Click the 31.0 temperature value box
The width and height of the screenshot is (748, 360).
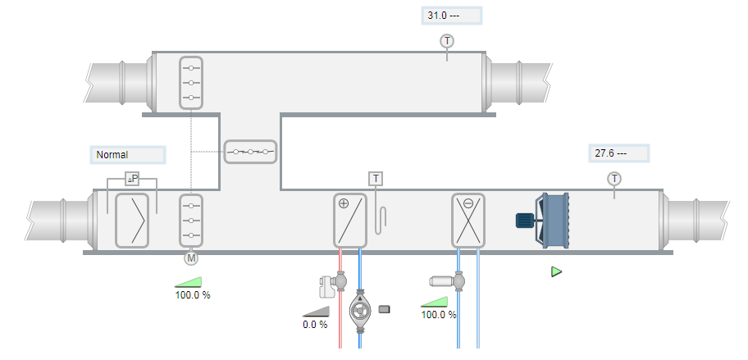tap(450, 16)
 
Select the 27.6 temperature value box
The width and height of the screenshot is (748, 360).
tap(618, 153)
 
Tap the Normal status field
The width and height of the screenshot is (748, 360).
tap(127, 154)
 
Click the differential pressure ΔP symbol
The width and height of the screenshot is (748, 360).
tap(132, 179)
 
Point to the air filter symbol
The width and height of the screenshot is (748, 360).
tap(132, 221)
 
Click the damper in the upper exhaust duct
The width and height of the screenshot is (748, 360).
tap(190, 83)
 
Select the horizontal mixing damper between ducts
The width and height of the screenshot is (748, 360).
tap(251, 152)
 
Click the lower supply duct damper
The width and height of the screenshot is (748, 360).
tap(190, 221)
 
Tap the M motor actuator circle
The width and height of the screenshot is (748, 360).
tap(191, 258)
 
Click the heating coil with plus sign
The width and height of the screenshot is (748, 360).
tap(350, 221)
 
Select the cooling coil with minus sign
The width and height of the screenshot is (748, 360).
tap(468, 221)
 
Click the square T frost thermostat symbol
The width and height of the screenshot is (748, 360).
tap(376, 179)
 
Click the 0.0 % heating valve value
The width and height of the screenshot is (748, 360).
tap(315, 324)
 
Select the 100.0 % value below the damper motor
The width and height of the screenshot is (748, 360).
tap(193, 294)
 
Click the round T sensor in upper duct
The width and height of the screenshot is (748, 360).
tap(447, 41)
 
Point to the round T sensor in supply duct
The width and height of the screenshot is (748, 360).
tap(614, 179)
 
